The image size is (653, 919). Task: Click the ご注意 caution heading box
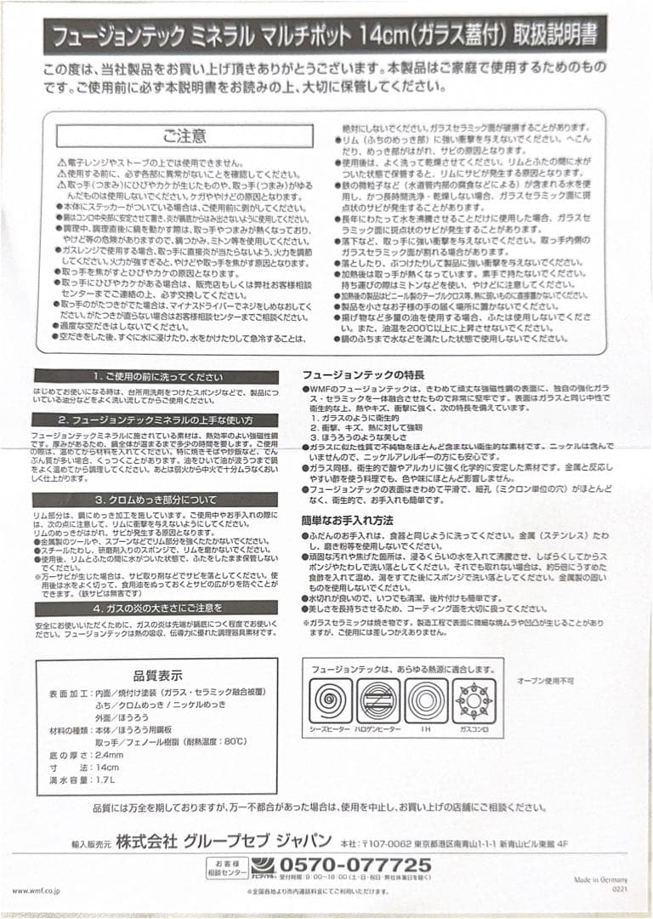[185, 136]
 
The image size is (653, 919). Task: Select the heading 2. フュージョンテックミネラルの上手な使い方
[156, 420]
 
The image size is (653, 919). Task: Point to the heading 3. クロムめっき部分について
[156, 499]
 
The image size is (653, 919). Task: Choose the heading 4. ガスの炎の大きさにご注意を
[156, 608]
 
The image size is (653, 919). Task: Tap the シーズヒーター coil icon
[331, 700]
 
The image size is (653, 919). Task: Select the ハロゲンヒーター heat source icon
[378, 700]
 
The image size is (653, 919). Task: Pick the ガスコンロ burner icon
[473, 700]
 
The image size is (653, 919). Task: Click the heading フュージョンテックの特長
[362, 375]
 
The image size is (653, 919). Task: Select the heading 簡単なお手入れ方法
[347, 520]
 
